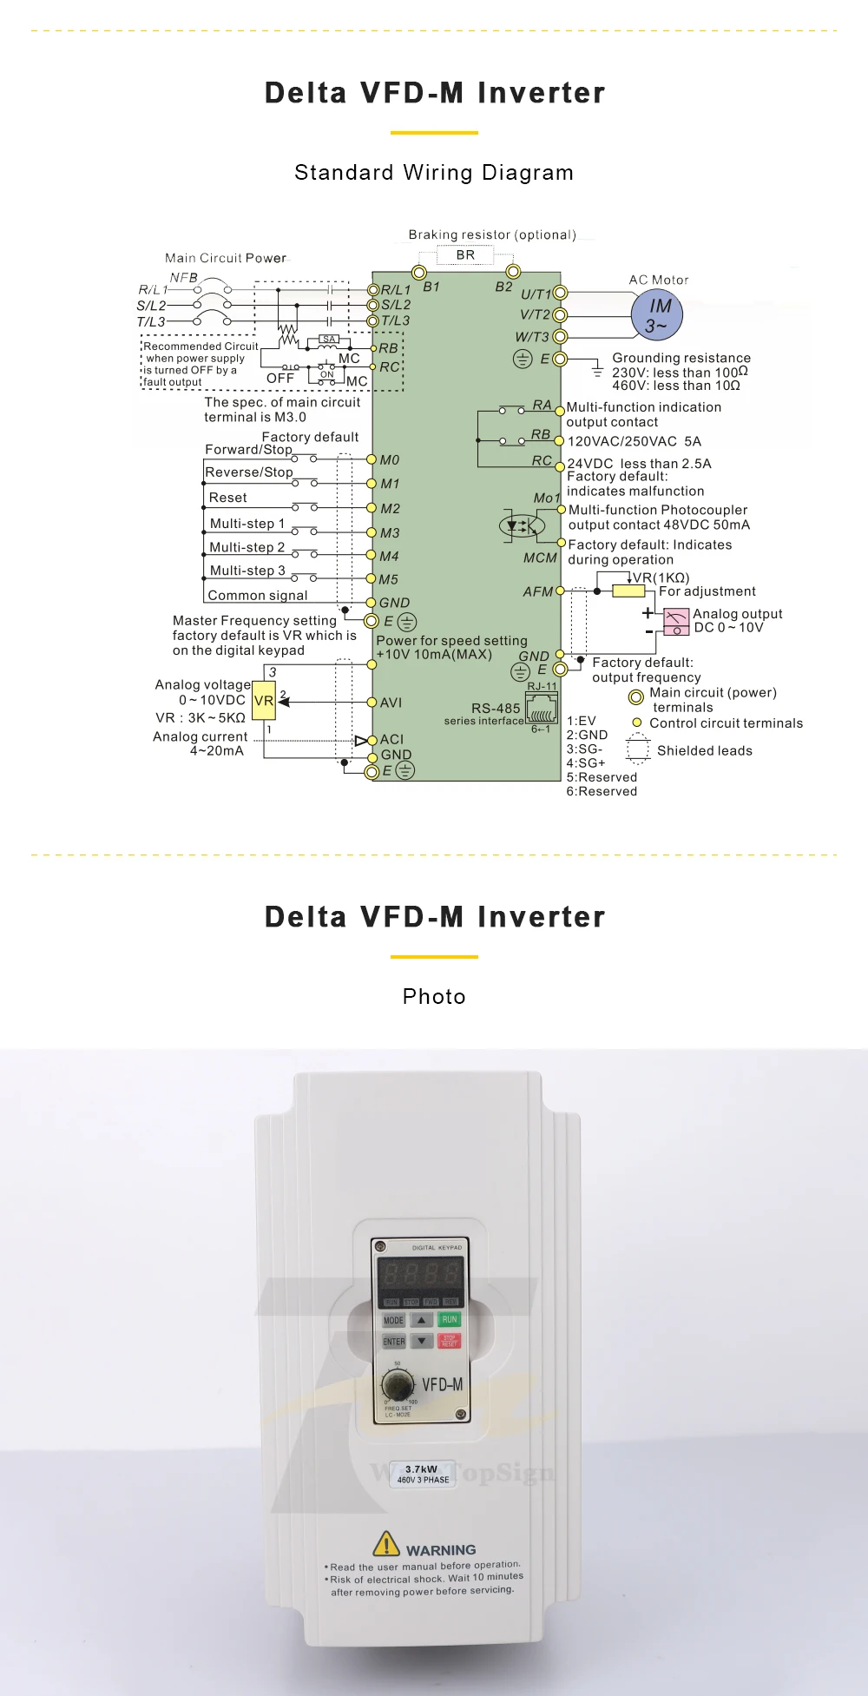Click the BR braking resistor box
(465, 255)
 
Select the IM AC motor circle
(658, 315)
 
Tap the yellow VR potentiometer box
(263, 701)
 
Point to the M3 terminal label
(390, 533)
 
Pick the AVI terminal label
(391, 703)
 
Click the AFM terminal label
(537, 591)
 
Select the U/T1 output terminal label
(536, 294)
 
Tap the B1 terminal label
(431, 287)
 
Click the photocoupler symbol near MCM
(521, 525)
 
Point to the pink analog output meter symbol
(676, 621)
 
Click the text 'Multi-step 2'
(247, 547)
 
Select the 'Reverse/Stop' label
(249, 472)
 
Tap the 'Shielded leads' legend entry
(704, 750)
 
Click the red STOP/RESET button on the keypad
(449, 1341)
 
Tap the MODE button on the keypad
(394, 1320)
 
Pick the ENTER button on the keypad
(394, 1342)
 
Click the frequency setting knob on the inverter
(398, 1383)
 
